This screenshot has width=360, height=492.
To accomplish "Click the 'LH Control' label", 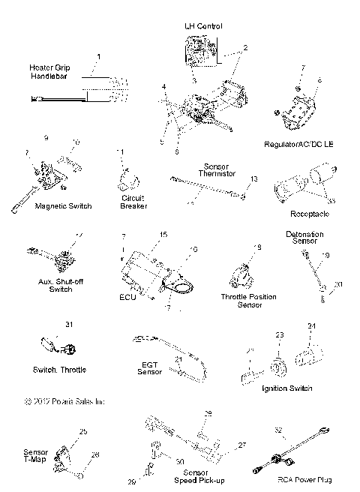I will tap(203, 26).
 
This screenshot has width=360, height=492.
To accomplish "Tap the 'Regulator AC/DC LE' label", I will tap(299, 142).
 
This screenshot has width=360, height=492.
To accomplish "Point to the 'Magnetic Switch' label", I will tap(64, 206).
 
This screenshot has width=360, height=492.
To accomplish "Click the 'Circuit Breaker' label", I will tap(133, 202).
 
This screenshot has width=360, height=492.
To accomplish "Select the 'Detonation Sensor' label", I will tap(304, 238).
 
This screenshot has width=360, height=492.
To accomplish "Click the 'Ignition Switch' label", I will tap(287, 388).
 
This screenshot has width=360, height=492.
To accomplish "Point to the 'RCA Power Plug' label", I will tap(304, 480).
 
